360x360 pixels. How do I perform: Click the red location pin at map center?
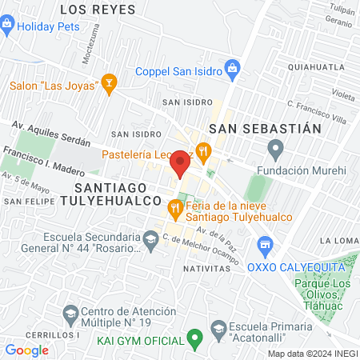pos(180,164)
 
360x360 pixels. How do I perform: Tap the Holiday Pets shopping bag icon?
pos(7,25)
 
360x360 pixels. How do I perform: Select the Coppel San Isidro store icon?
pos(233,68)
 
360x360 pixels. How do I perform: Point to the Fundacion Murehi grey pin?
pos(276,147)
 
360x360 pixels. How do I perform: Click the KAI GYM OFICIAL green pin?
pos(193,340)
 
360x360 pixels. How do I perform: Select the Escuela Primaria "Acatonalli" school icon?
pos(218,326)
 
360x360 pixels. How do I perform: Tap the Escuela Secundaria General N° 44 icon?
pos(150,238)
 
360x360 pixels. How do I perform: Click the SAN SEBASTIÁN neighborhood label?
pos(265,128)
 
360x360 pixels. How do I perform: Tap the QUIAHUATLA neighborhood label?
pos(321,67)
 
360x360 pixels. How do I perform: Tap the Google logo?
pos(26,350)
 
